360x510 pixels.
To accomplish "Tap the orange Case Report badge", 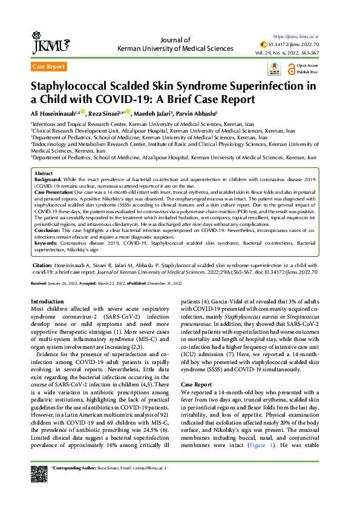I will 48,67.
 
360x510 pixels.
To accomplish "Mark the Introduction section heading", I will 47,302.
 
